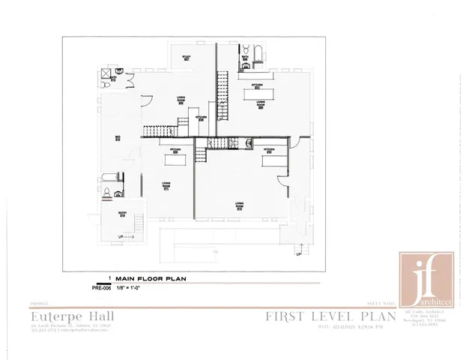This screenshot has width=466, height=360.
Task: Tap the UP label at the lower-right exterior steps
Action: pos(297,254)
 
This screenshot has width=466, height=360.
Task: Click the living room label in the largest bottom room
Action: pos(239,205)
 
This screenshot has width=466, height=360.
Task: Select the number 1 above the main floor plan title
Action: pos(109,277)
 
